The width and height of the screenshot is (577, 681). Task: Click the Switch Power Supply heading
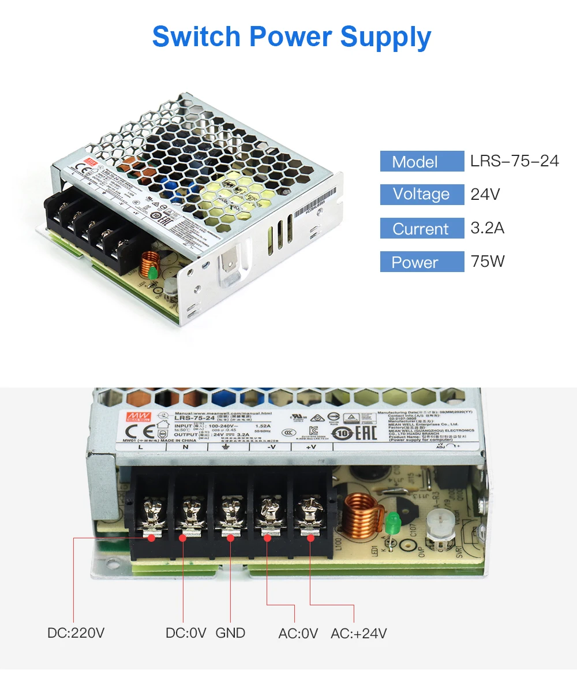(291, 37)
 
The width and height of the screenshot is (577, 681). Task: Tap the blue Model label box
(422, 161)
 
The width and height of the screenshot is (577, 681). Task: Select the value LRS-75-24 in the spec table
(514, 161)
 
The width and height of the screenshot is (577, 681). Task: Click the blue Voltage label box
(422, 194)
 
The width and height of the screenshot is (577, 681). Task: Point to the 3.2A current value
(487, 228)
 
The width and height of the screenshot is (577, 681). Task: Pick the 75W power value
(487, 261)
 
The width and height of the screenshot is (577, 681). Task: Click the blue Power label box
(422, 262)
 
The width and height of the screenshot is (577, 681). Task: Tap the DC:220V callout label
(76, 633)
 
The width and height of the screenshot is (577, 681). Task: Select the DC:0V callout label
(185, 633)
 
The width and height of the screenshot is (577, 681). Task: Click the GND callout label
(230, 633)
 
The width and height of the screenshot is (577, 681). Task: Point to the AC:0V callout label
(298, 633)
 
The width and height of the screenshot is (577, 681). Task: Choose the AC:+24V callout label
(358, 633)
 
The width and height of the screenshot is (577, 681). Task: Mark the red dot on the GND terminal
(230, 538)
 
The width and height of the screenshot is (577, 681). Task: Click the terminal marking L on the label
(141, 446)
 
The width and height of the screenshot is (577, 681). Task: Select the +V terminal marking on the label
(311, 446)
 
